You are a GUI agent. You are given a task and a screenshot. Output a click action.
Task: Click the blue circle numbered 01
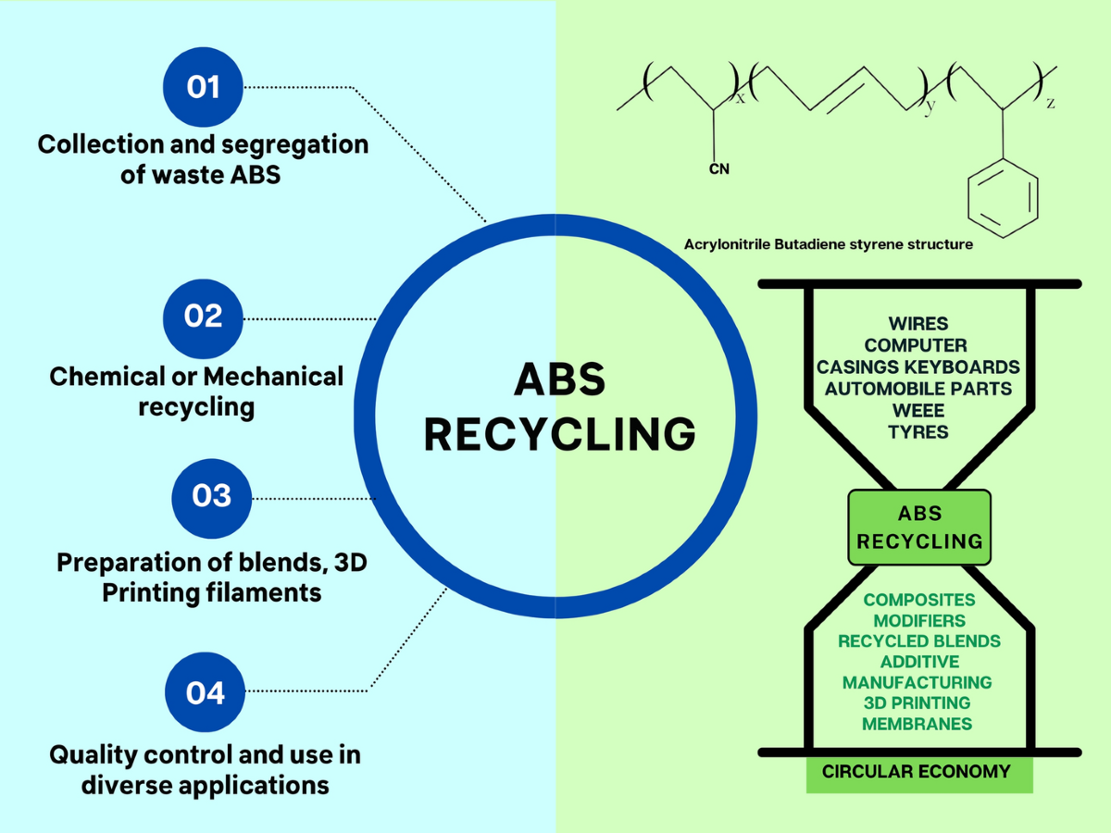click(x=204, y=87)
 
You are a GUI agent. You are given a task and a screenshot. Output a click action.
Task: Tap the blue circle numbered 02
click(x=204, y=317)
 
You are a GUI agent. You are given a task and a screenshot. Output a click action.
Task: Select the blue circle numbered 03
click(x=212, y=496)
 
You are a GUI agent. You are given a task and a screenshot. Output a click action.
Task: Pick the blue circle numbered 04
click(x=206, y=691)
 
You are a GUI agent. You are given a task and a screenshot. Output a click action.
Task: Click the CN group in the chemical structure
click(x=719, y=169)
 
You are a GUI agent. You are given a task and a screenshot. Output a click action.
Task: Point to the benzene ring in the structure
click(x=1003, y=195)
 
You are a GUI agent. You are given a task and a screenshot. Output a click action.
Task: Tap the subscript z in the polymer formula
click(x=1050, y=104)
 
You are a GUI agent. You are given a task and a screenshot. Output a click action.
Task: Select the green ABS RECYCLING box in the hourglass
click(x=919, y=528)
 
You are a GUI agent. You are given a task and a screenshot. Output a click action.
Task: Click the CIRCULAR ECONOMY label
click(x=917, y=771)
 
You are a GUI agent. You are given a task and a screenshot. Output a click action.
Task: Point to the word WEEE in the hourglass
click(x=918, y=410)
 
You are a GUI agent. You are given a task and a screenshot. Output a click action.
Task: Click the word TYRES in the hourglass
click(x=918, y=431)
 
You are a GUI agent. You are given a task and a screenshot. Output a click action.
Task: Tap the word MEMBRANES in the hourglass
click(x=917, y=724)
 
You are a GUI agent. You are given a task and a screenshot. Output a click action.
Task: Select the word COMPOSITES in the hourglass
click(x=919, y=600)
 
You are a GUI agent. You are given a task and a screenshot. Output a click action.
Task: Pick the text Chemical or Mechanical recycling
click(x=196, y=392)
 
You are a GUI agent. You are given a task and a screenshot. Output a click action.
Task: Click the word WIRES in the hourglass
click(x=918, y=324)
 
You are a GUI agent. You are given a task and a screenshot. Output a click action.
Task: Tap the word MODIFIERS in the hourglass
click(x=918, y=620)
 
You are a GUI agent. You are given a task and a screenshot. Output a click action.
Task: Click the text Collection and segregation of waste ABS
click(x=203, y=159)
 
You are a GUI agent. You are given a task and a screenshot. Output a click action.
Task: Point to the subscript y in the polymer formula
click(x=930, y=106)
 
